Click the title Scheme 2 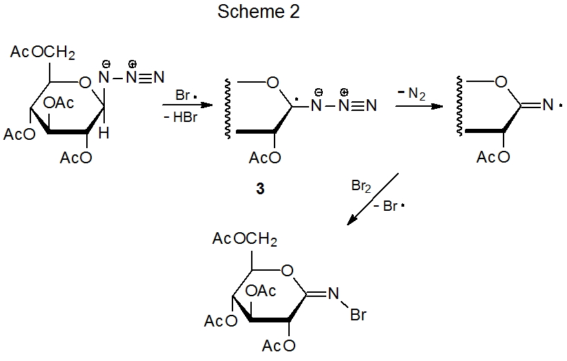tap(258, 12)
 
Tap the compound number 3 tap(260, 189)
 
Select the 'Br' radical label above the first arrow tap(184, 94)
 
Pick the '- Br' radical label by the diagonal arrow tap(390, 206)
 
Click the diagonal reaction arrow tap(372, 199)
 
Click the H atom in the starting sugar tap(103, 134)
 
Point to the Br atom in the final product tap(358, 316)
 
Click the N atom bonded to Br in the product tap(333, 293)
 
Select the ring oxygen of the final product tap(288, 271)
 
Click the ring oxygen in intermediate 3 tap(272, 83)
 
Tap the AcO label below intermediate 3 tap(265, 158)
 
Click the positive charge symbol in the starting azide tap(132, 64)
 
